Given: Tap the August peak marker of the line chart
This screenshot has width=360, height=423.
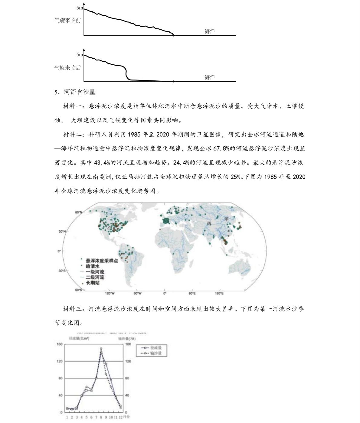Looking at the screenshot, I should (101, 349).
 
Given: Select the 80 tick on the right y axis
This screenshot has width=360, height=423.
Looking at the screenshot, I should (127, 378).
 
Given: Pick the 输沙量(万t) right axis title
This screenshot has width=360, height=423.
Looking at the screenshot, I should (125, 339).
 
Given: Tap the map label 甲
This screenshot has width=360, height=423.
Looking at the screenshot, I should (227, 219).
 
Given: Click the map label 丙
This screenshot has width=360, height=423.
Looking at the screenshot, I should (209, 223).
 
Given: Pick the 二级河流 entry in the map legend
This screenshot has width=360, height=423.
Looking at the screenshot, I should (95, 277).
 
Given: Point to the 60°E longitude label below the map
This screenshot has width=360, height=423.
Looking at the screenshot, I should (192, 293).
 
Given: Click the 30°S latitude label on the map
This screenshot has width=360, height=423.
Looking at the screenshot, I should (62, 271).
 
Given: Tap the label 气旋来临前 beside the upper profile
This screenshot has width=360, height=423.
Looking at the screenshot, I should (67, 21).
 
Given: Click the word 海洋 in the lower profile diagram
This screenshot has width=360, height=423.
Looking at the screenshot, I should (210, 77).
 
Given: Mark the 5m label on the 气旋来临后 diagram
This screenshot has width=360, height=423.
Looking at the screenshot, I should (80, 55).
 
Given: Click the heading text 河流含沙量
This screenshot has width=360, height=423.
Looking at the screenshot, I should (80, 92).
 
